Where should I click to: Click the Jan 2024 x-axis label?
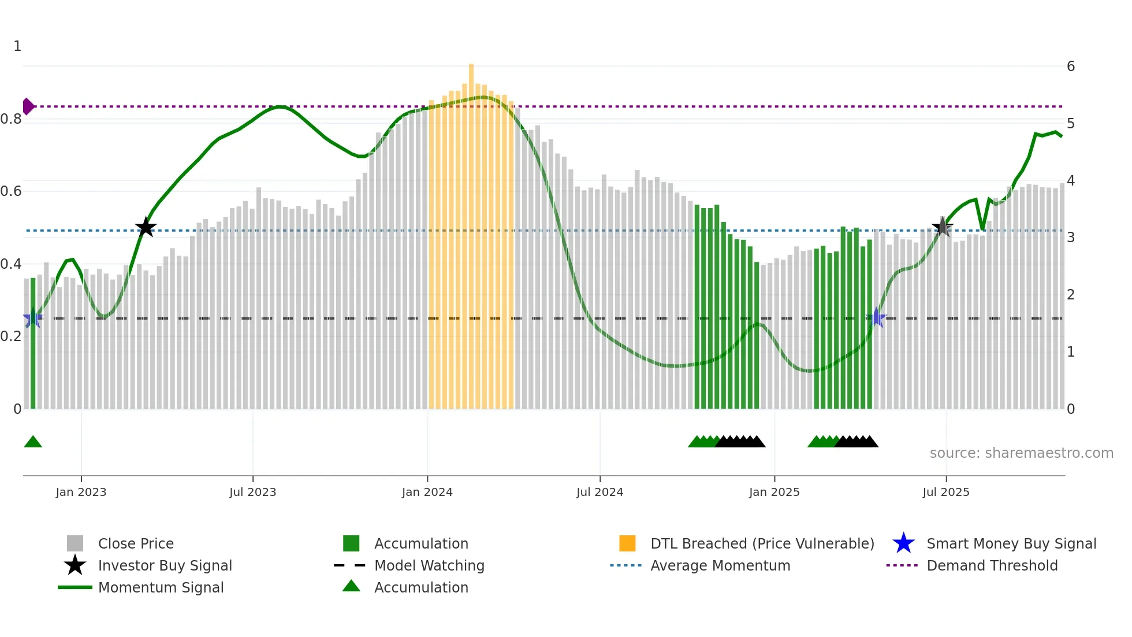click(427, 492)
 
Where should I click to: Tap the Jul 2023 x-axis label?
click(252, 492)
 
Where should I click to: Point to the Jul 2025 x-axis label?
click(945, 492)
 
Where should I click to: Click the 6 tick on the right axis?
click(1070, 66)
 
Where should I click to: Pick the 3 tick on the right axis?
click(1070, 238)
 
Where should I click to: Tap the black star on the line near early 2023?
click(146, 227)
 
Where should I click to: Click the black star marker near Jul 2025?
click(943, 227)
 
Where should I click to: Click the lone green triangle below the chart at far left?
click(33, 442)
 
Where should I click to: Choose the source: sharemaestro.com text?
click(1021, 453)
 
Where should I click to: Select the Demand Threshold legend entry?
click(992, 565)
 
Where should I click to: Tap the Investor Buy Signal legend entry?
click(165, 565)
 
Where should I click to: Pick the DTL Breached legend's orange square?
click(627, 543)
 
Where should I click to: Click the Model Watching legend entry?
click(429, 565)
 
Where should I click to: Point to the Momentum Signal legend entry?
click(161, 587)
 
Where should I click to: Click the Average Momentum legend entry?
click(720, 565)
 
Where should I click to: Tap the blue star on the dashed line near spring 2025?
click(876, 318)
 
